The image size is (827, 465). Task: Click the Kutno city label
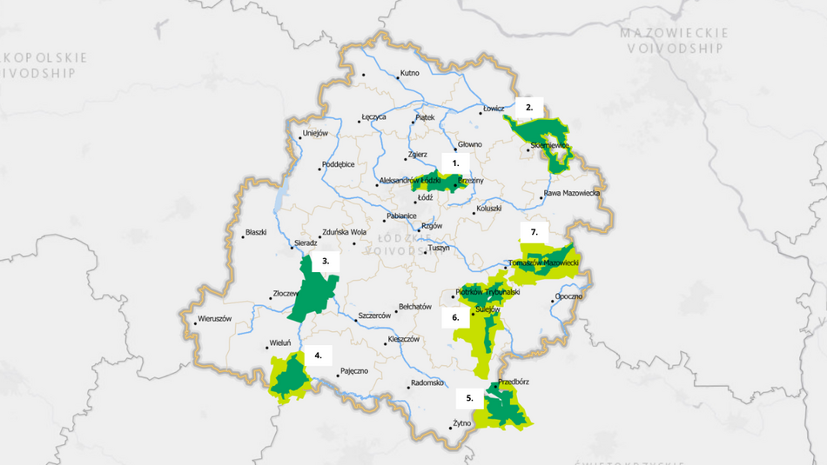pyautogui.click(x=409, y=73)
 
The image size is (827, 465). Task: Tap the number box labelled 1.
pyautogui.click(x=455, y=162)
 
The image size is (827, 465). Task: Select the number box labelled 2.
pyautogui.click(x=529, y=108)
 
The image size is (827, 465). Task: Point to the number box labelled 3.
pyautogui.click(x=326, y=260)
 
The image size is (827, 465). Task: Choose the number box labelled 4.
pyautogui.click(x=319, y=355)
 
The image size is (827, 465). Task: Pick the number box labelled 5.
pyautogui.click(x=470, y=397)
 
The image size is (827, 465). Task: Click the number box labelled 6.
pyautogui.click(x=455, y=318)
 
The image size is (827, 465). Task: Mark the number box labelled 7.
pyautogui.click(x=535, y=232)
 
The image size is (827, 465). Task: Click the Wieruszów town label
pyautogui.click(x=215, y=319)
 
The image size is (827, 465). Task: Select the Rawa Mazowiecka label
pyautogui.click(x=572, y=193)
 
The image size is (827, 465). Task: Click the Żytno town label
pyautogui.click(x=461, y=424)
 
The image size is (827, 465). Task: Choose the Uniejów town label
pyautogui.click(x=314, y=134)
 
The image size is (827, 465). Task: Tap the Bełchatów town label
pyautogui.click(x=414, y=307)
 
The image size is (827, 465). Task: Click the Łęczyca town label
pyautogui.click(x=373, y=117)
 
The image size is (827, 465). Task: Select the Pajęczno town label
pyautogui.click(x=353, y=371)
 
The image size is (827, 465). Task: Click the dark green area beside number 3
pyautogui.click(x=312, y=291)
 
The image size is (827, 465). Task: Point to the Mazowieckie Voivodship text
pyautogui.click(x=674, y=41)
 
